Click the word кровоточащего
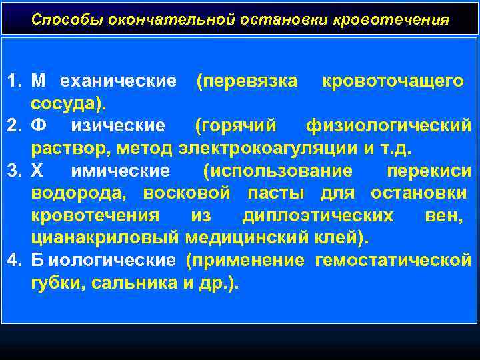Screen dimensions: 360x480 coord(393,81)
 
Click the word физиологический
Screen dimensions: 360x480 coord(388,125)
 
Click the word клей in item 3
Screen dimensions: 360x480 coord(335,237)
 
